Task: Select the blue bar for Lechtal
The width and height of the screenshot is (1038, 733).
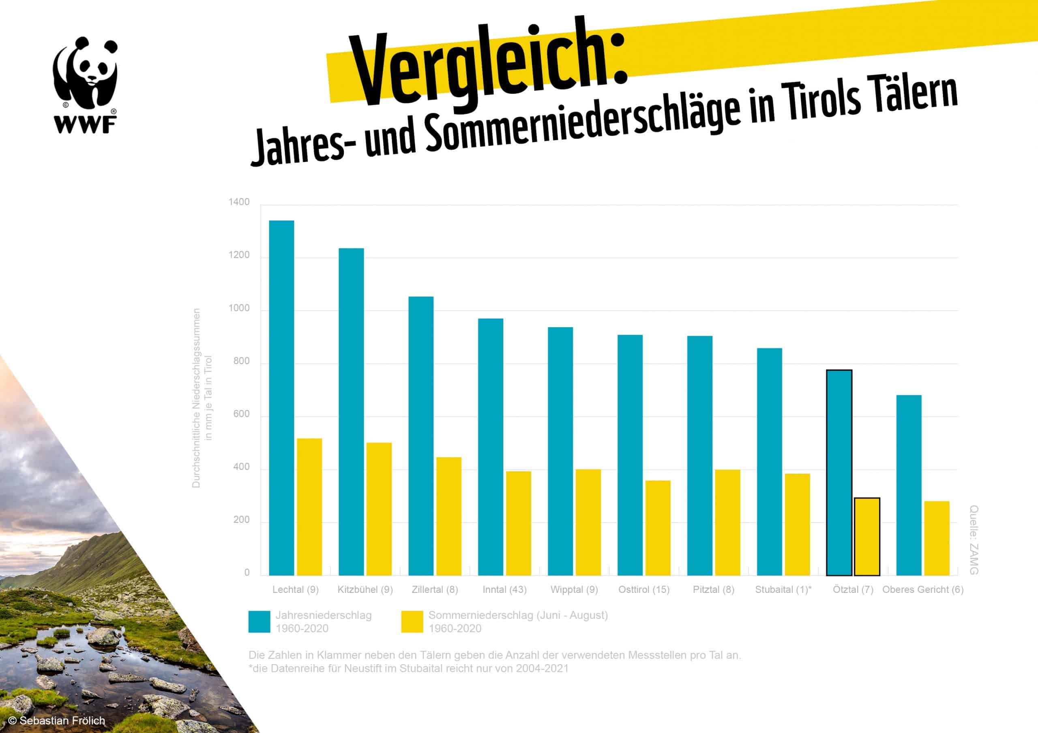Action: pos(281,397)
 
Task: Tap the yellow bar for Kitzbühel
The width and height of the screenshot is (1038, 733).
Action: pos(379,509)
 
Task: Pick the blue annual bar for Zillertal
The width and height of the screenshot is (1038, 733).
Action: pos(421,436)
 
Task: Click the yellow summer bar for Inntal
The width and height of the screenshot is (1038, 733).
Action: pos(519,523)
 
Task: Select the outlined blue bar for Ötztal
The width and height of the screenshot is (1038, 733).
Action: pos(839,473)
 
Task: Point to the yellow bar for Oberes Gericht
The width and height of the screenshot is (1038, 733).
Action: pos(936,538)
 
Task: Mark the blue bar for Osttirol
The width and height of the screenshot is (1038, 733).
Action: pos(630,455)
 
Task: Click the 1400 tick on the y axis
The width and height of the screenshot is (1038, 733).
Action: pos(239,202)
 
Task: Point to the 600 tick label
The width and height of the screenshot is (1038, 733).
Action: pos(241,414)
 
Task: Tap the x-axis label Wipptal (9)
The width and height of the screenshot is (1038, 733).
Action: pos(574,589)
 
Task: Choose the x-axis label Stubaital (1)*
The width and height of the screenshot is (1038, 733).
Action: pos(783,589)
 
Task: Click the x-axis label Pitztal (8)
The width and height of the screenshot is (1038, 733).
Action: pos(713,589)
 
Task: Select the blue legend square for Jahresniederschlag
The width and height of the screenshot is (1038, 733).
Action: pos(259,622)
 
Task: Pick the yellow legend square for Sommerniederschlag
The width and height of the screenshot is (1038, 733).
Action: pos(412,622)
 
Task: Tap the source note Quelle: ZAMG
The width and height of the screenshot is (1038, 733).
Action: pos(974,540)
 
